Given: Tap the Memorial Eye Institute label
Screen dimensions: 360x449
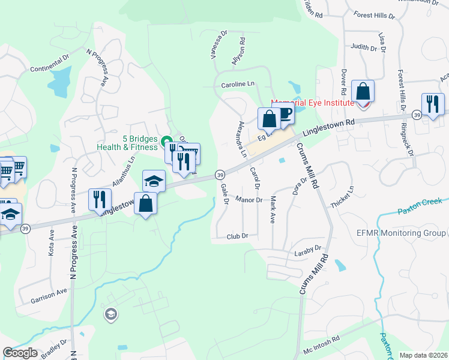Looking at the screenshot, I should tap(312, 103).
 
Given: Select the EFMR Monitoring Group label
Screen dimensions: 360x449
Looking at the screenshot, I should tap(408, 233).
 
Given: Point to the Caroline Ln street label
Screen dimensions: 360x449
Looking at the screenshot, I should tap(238, 85).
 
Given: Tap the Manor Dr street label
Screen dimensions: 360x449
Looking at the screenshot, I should tap(249, 199).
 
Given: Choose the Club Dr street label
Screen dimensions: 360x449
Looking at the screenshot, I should tap(237, 236).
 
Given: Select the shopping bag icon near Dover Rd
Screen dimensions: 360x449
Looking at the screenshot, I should tap(363, 92).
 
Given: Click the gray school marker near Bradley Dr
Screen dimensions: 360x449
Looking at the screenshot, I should tap(110, 314).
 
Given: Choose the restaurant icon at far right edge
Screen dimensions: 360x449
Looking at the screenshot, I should tap(433, 104).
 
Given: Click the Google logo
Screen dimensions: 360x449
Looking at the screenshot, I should tap(20, 353).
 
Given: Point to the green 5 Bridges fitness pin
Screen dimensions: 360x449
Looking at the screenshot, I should tap(166, 140).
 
